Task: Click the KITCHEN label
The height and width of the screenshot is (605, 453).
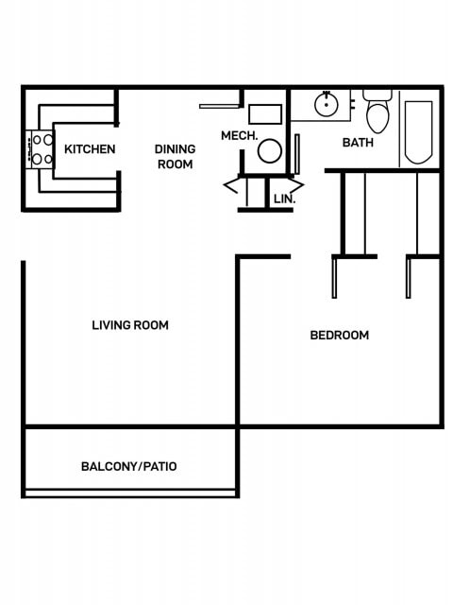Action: point(90,149)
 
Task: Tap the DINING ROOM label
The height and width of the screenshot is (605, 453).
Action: point(175,157)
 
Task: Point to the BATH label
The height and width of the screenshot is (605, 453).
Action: point(358,143)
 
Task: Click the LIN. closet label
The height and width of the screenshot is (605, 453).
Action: point(283,199)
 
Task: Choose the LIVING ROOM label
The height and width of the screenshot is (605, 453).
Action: point(130,325)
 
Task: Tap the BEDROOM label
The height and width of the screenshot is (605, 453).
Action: point(340,335)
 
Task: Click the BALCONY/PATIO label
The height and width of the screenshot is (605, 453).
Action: point(129,466)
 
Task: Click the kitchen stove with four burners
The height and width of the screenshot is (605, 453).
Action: point(42,149)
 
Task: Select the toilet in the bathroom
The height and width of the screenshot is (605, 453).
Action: point(377,112)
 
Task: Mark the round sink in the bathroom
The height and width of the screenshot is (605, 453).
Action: point(327,104)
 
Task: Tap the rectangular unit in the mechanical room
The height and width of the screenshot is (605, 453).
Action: point(266,114)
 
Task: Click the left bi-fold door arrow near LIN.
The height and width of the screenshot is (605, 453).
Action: point(231,185)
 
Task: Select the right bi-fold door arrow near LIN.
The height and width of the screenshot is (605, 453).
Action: point(298,185)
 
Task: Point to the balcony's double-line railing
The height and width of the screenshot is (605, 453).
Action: point(129,493)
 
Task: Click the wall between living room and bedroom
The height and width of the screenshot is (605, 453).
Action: point(237,340)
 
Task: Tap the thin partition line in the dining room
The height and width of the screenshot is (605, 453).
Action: point(219,106)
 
